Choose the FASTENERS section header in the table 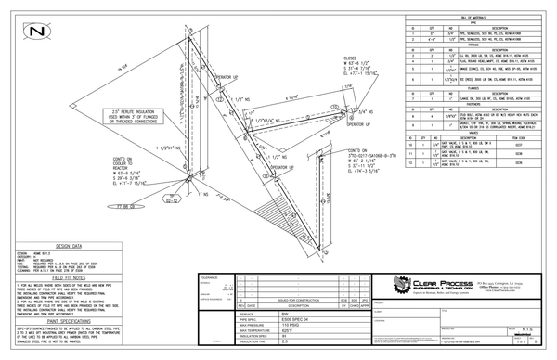point(477,104)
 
